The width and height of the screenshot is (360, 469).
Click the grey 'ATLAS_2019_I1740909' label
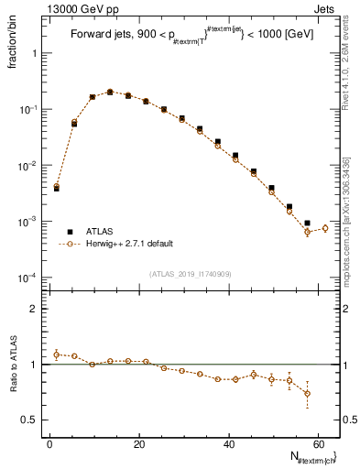click(x=191, y=274)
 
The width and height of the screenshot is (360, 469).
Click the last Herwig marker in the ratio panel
click(x=307, y=393)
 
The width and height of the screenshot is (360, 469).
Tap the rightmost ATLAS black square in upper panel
click(x=307, y=223)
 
